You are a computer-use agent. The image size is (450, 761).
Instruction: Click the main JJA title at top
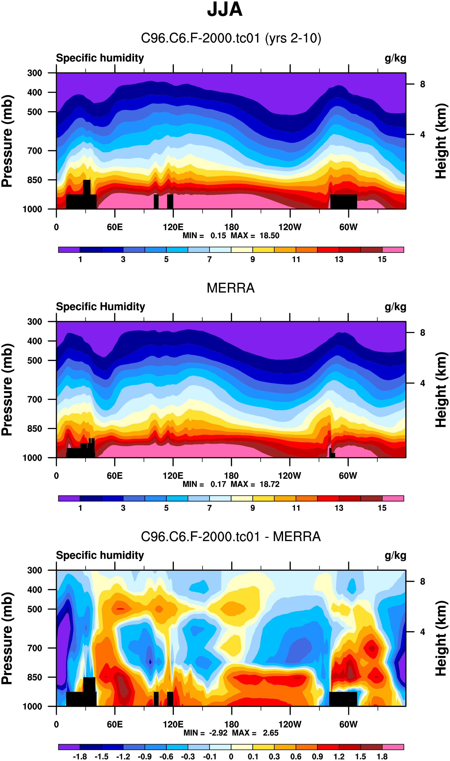click(x=225, y=10)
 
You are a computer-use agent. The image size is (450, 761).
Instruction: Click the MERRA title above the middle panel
click(x=230, y=288)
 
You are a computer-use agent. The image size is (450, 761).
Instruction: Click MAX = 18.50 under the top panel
click(x=255, y=236)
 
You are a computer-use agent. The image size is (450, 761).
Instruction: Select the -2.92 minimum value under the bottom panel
click(x=218, y=733)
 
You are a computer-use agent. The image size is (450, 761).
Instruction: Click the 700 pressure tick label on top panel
click(x=35, y=151)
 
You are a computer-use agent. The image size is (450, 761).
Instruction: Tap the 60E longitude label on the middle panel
click(x=115, y=476)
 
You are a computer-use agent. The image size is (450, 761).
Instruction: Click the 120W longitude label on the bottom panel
click(x=290, y=724)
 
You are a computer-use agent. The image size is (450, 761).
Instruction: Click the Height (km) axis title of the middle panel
click(x=441, y=390)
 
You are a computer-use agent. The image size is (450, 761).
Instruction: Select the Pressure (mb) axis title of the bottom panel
click(x=7, y=638)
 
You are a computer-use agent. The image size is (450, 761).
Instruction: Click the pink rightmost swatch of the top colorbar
click(x=393, y=250)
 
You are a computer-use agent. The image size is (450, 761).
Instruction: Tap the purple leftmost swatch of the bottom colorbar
click(x=69, y=747)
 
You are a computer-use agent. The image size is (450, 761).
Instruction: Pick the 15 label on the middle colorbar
click(x=382, y=508)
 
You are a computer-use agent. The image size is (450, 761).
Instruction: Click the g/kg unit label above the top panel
click(x=395, y=58)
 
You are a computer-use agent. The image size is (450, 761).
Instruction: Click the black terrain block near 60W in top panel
click(x=343, y=202)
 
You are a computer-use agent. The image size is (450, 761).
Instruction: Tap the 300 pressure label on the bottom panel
click(x=35, y=570)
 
